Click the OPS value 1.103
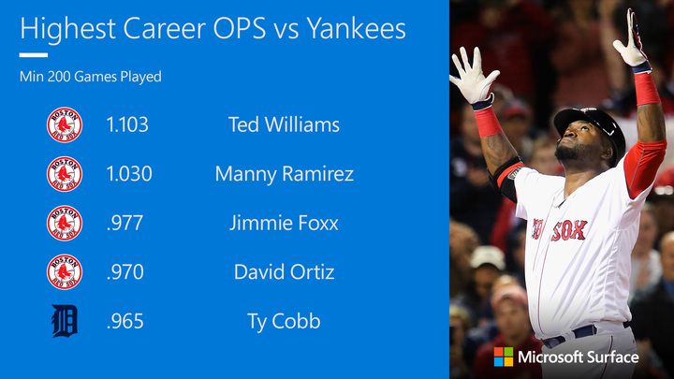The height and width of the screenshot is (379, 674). (127, 124)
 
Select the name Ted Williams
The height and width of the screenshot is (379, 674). (284, 124)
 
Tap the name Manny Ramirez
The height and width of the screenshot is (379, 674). (285, 174)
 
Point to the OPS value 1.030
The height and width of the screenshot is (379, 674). (129, 174)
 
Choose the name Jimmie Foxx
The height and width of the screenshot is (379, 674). (284, 223)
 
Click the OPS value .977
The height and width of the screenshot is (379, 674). (125, 223)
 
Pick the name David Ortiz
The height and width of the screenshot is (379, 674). (285, 272)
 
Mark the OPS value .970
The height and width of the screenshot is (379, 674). (125, 272)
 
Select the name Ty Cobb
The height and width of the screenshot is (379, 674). (284, 321)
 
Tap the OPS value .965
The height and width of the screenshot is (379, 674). (125, 321)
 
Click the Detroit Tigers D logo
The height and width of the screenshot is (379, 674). (65, 321)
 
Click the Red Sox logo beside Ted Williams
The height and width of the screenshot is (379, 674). (65, 124)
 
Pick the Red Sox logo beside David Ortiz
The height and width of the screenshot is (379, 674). (65, 272)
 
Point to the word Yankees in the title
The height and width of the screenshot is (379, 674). (357, 28)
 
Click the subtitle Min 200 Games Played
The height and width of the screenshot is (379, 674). (91, 77)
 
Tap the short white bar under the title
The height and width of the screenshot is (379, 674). (34, 55)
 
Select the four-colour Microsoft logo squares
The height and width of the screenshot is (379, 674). (504, 357)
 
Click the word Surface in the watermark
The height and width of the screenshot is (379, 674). (612, 357)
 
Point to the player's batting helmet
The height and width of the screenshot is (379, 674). (593, 129)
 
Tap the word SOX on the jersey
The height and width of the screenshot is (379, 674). (569, 231)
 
